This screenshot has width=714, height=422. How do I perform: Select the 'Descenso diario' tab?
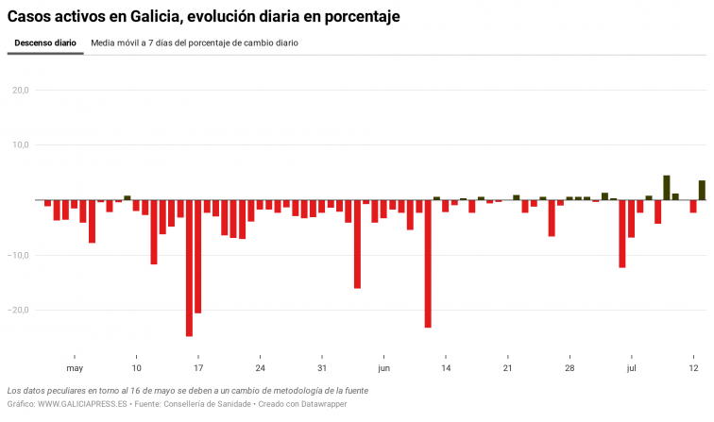45,43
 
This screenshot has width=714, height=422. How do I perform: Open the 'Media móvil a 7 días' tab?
195,43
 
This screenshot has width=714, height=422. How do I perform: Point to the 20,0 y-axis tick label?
21,91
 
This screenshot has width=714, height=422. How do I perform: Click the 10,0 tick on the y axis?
21,145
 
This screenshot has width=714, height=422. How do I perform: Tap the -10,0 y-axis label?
19,255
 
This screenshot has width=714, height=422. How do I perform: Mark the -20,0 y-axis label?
19,310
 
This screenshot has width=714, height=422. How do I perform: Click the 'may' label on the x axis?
75,368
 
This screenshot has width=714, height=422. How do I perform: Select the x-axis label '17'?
198,368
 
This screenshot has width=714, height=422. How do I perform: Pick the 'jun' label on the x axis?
383,368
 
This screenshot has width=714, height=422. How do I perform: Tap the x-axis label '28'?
569,368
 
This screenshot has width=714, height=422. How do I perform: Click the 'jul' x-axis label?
632,368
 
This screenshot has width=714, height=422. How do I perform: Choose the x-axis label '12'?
694,368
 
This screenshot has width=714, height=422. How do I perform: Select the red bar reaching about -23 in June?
428,263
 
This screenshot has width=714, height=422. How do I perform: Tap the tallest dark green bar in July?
667,188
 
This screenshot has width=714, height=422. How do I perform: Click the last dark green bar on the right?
702,191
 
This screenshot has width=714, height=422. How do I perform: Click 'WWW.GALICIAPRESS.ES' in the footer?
82,404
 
